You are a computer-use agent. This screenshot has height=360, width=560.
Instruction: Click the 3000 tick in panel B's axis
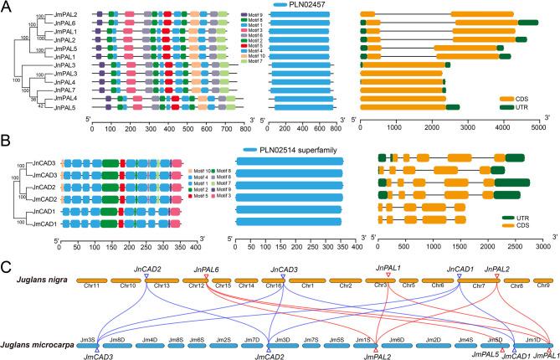(x=542, y=249)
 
